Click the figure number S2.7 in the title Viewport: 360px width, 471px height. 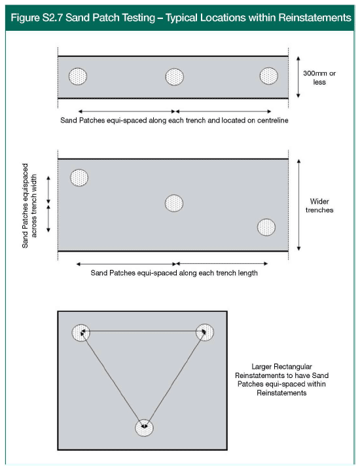pyautogui.click(x=52, y=18)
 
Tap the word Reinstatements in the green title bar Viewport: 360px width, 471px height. pyautogui.click(x=315, y=18)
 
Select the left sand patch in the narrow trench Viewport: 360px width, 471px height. pyautogui.click(x=78, y=76)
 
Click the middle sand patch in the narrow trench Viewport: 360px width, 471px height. pyautogui.click(x=175, y=77)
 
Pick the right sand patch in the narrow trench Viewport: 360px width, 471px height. pyautogui.click(x=269, y=76)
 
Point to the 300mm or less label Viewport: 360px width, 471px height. pyautogui.click(x=319, y=77)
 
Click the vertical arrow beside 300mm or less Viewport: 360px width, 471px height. pyautogui.click(x=298, y=77)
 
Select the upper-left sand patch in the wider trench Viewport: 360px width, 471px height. pyautogui.click(x=79, y=178)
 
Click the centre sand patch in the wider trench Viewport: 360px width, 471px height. pyautogui.click(x=174, y=203)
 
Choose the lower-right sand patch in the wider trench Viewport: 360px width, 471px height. pyautogui.click(x=266, y=227)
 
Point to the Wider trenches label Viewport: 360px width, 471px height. pyautogui.click(x=319, y=206)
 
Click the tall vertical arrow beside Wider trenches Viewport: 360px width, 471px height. pyautogui.click(x=298, y=205)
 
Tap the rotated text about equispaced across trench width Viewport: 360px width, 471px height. pyautogui.click(x=29, y=206)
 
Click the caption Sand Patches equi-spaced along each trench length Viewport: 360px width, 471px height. pyautogui.click(x=174, y=273)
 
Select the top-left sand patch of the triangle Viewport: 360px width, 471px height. pyautogui.click(x=81, y=333)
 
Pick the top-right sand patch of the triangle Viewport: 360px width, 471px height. pyautogui.click(x=205, y=333)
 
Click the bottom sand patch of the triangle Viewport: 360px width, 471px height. pyautogui.click(x=144, y=428)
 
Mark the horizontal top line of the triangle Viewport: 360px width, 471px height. pyautogui.click(x=143, y=331)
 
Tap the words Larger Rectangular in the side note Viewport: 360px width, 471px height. pyautogui.click(x=281, y=366)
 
